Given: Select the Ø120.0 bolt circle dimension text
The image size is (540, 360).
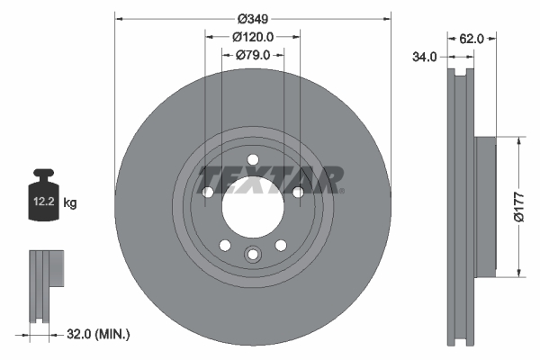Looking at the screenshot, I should click(253, 37).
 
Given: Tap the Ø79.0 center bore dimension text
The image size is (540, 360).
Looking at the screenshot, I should click(253, 55).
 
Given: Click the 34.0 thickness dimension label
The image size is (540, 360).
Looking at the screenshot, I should click(424, 56).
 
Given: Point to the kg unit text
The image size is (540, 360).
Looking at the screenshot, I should click(70, 203).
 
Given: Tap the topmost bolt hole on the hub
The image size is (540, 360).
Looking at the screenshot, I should click(253, 161).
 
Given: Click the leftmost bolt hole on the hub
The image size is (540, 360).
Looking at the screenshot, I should click(208, 193).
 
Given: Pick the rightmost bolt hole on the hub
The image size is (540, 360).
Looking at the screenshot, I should click(298, 191).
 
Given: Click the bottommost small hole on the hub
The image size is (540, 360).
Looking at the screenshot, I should click(253, 256).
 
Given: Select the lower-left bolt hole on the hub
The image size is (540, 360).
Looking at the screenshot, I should click(225, 245).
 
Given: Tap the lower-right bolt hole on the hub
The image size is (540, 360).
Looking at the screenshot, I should click(281, 245).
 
